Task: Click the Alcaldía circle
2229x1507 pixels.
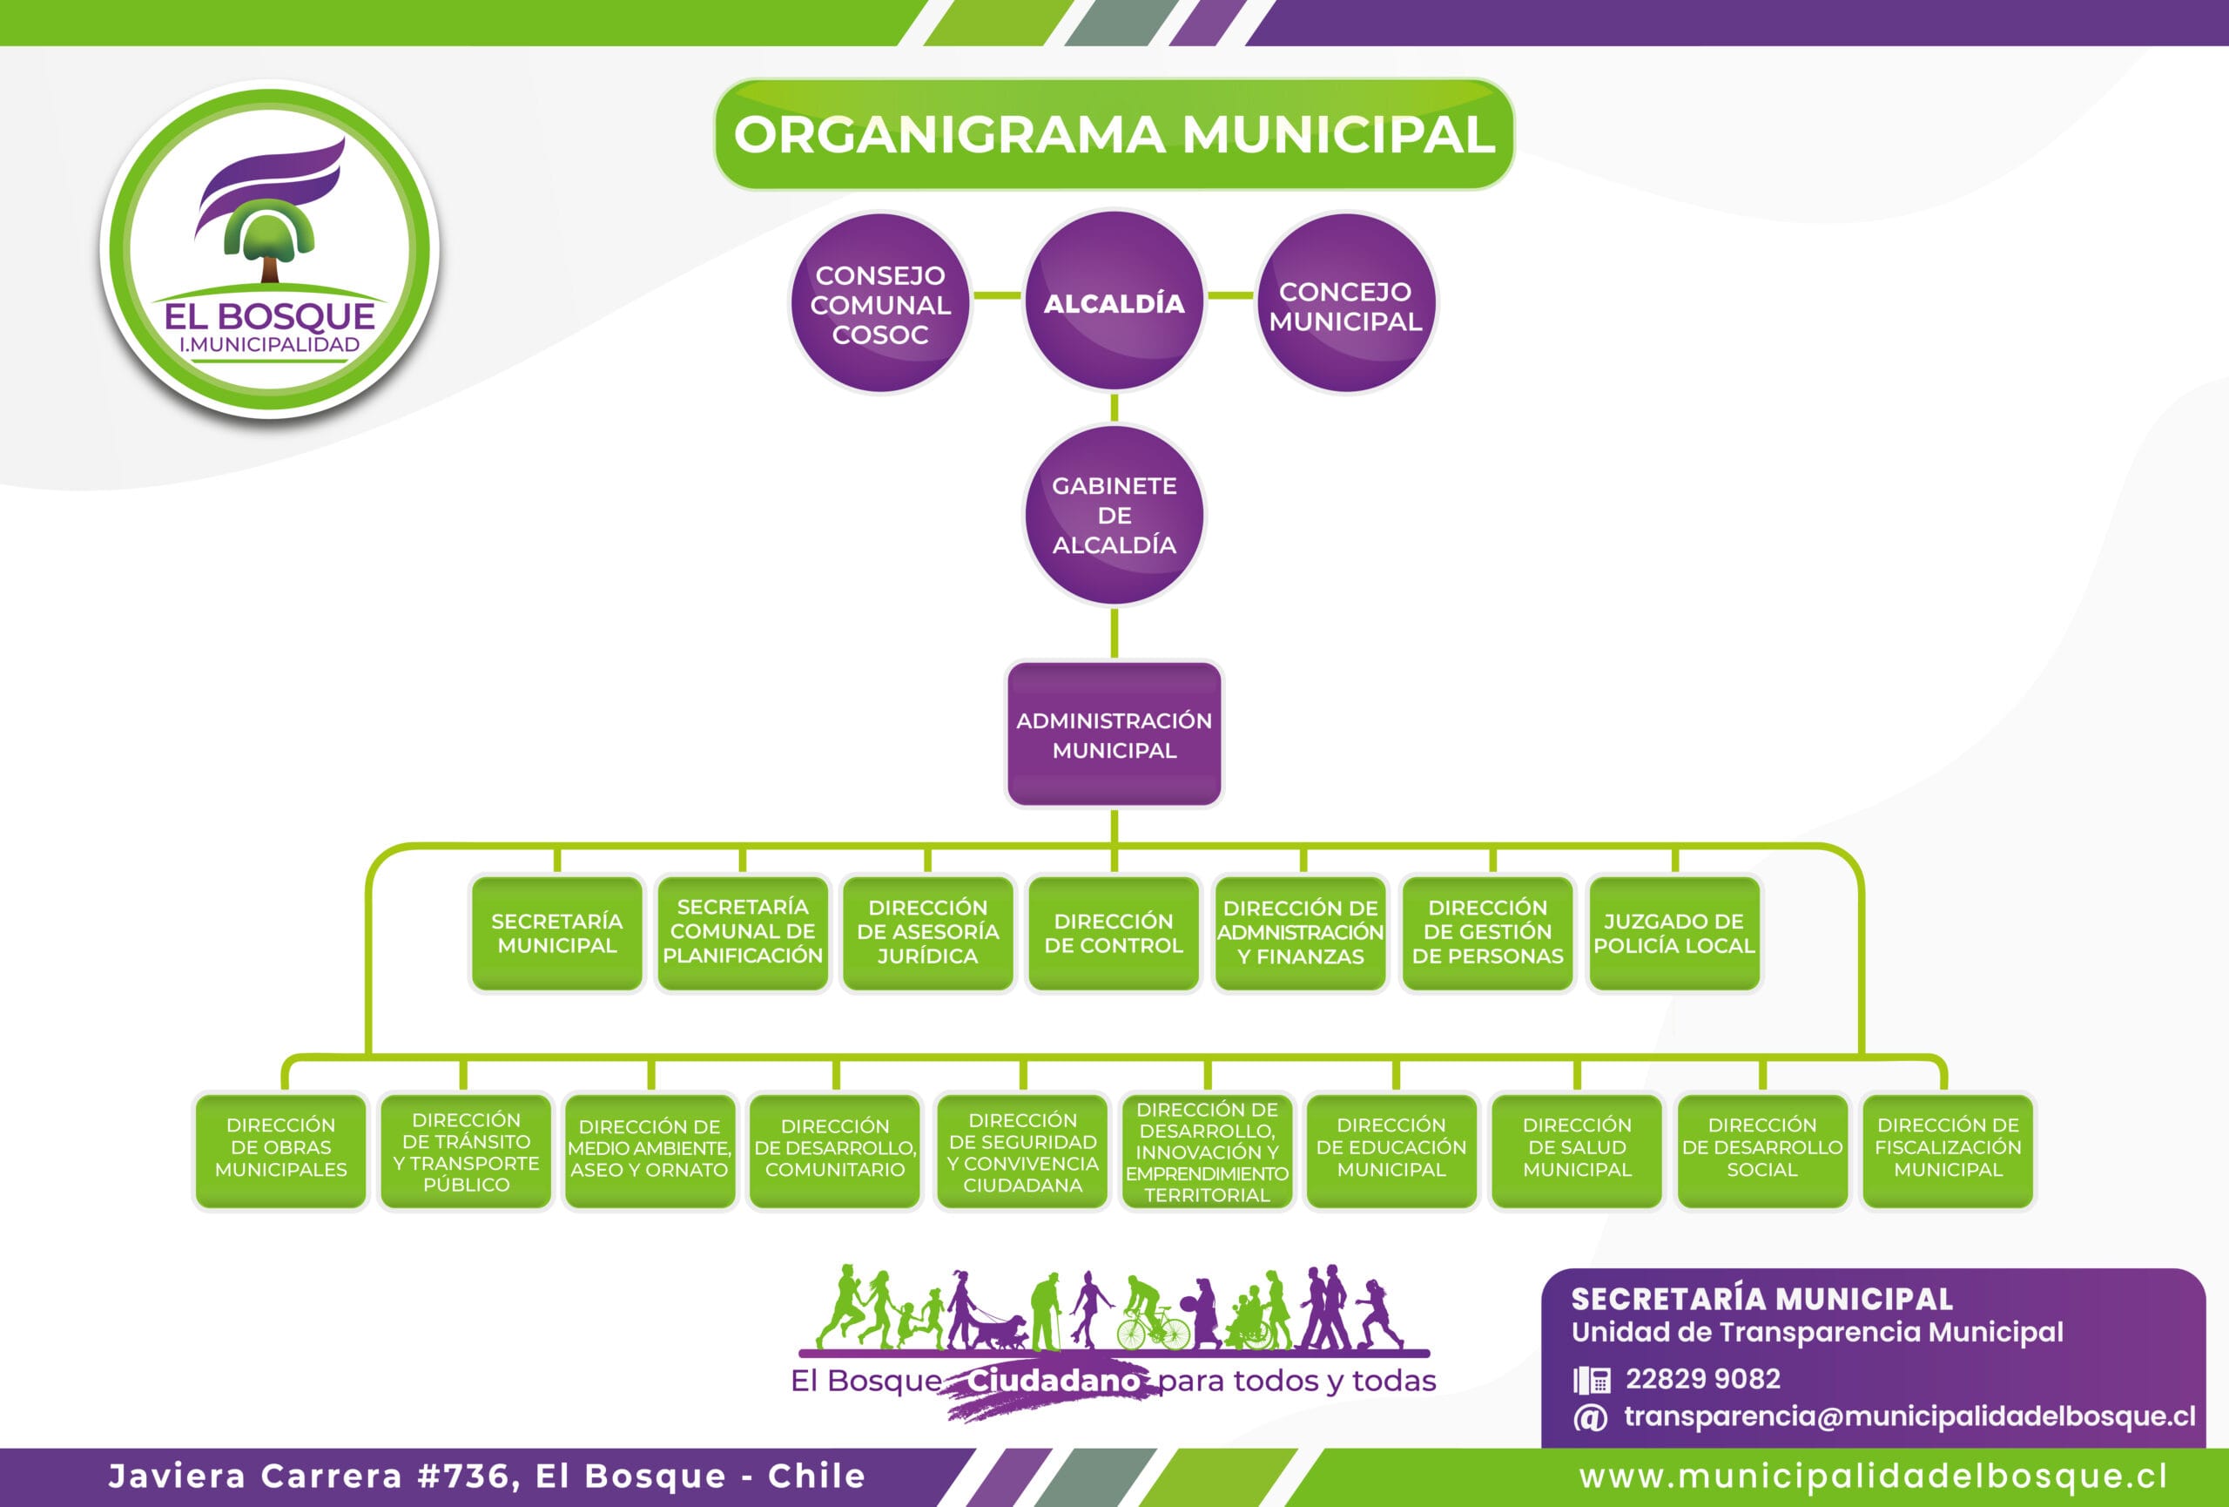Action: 1114,302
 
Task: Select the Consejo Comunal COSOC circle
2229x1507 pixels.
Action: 879,304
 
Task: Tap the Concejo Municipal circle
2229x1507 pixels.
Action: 1345,304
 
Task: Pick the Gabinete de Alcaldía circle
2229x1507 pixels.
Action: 1114,515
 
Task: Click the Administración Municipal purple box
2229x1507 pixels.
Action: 1114,735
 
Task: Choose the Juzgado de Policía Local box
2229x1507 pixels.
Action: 1673,933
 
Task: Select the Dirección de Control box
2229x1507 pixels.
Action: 1113,933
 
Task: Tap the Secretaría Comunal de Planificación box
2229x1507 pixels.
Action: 743,933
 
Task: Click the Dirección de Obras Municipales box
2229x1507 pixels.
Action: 280,1149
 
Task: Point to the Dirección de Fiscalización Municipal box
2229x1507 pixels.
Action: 1947,1149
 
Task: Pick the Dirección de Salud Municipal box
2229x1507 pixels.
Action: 1576,1149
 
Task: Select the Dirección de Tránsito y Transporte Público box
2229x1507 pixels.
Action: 466,1149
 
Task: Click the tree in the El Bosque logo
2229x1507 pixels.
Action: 270,245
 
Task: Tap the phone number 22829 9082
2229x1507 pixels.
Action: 1702,1378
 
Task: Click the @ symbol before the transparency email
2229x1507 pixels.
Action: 1589,1416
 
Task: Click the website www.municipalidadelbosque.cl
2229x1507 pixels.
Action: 1873,1477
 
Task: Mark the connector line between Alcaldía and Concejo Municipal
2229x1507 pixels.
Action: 1229,295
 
